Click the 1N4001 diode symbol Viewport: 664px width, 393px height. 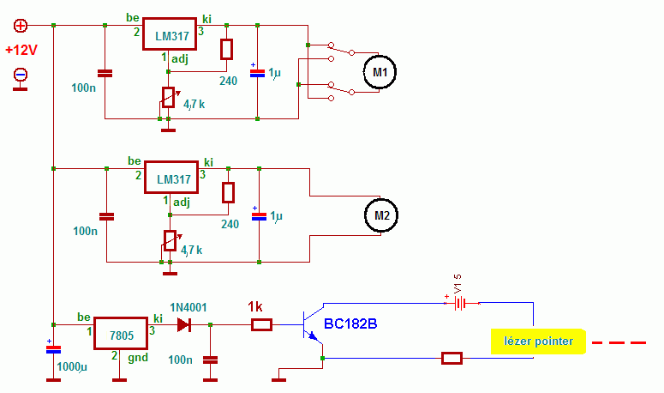click(x=184, y=325)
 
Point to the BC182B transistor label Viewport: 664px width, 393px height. click(x=350, y=323)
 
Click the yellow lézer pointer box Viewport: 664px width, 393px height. click(x=538, y=342)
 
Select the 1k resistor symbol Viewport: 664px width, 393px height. click(x=261, y=325)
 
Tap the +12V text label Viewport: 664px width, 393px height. click(x=21, y=50)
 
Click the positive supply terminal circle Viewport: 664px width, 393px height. click(x=21, y=26)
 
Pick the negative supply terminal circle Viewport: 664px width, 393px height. click(x=21, y=75)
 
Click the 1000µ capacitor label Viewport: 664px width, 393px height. click(x=72, y=366)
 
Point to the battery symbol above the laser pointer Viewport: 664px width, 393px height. click(x=460, y=304)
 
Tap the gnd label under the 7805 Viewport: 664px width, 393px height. click(x=138, y=357)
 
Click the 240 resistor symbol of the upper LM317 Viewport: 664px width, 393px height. click(x=226, y=49)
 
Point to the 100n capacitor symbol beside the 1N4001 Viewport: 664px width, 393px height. click(x=211, y=360)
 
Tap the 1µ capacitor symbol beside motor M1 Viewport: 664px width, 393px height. click(x=258, y=73)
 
